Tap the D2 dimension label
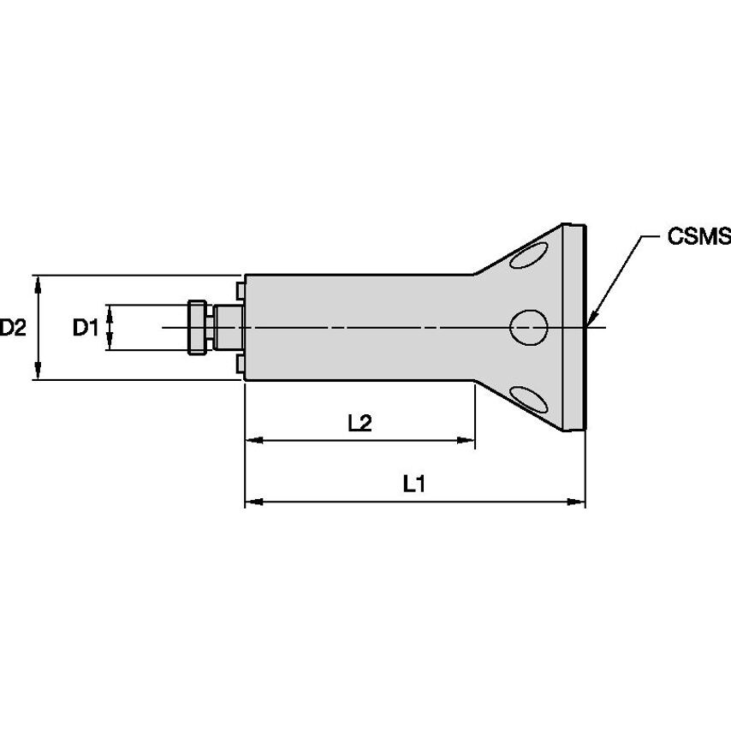click(15, 327)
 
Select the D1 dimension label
click(86, 327)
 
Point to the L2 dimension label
click(360, 422)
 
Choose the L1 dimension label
click(414, 484)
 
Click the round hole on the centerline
click(528, 326)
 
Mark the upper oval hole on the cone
click(528, 255)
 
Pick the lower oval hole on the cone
click(528, 398)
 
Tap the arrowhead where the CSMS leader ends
click(591, 318)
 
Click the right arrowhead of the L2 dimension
click(467, 441)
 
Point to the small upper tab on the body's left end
click(240, 290)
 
